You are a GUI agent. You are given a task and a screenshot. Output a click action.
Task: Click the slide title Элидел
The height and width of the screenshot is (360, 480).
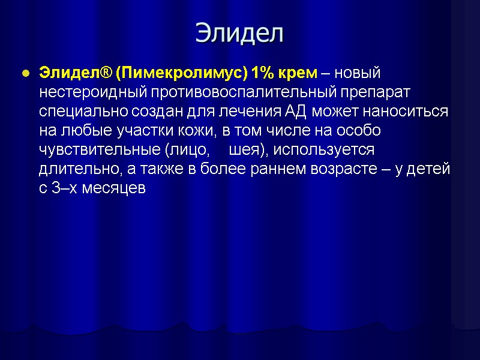point(239,34)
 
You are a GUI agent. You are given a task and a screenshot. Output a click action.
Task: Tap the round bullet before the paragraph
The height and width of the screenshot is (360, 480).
point(25,74)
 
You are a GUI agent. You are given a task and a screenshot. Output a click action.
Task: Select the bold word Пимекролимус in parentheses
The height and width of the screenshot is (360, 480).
point(181,73)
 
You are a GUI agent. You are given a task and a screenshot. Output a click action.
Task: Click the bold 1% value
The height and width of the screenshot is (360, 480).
point(262,73)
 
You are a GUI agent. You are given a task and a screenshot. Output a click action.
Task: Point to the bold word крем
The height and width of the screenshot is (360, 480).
point(297,73)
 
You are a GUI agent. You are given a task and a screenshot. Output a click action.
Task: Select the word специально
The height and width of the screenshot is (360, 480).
point(76,112)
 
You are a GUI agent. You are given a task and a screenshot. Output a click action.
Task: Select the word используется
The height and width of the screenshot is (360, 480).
point(324,150)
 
